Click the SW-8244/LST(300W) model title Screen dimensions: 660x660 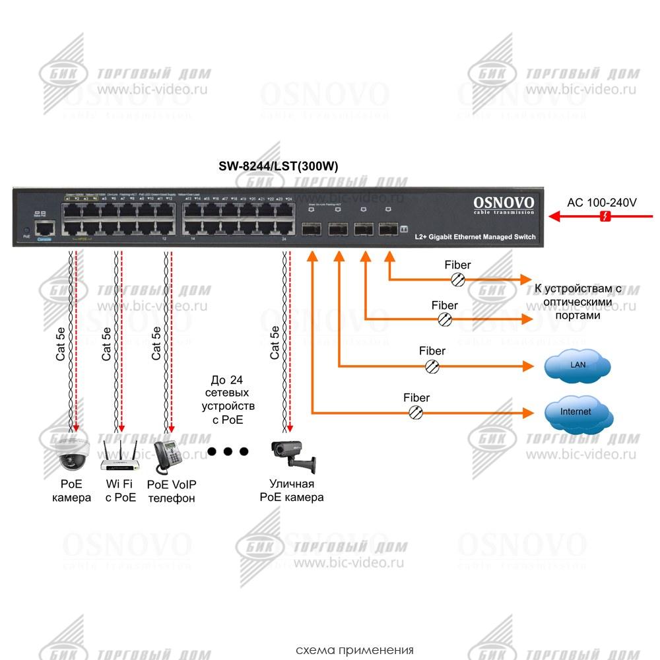tap(278, 167)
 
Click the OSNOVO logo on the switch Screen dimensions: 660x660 tap(504, 203)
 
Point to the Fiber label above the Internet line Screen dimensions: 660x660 tap(416, 398)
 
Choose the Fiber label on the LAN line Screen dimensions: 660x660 tap(432, 351)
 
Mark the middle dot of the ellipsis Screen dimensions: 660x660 tap(228, 451)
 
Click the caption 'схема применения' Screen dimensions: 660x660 tap(354, 649)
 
